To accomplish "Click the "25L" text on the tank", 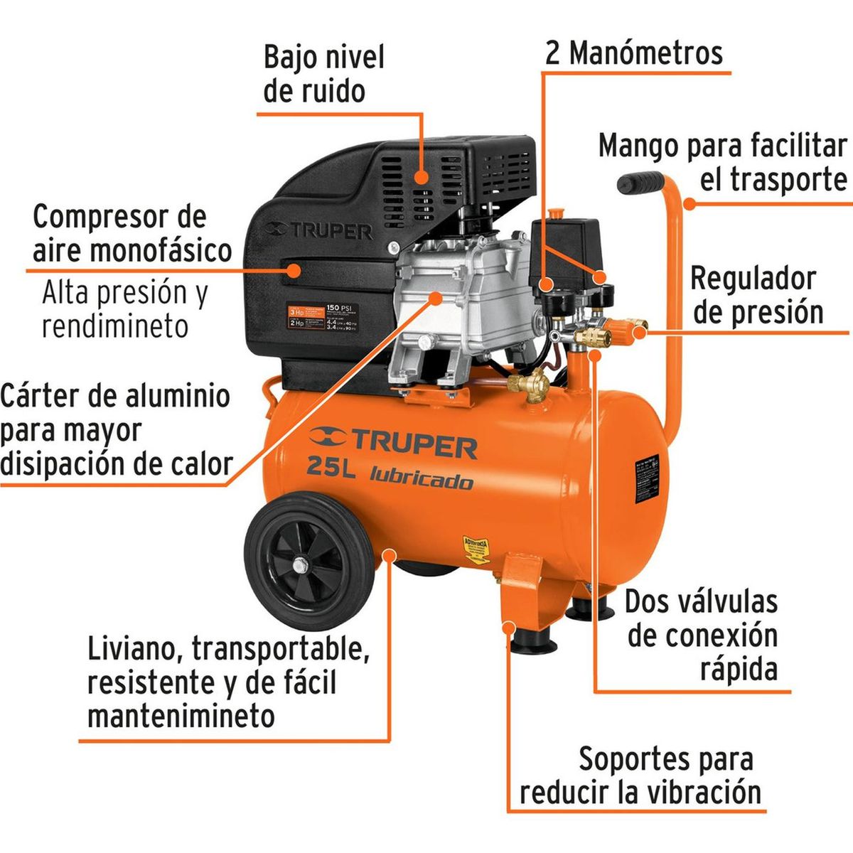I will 332,467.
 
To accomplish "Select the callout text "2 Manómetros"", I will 633,53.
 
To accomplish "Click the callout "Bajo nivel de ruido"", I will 323,74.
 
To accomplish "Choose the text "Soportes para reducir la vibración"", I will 640,776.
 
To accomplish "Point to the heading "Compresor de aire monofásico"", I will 132,233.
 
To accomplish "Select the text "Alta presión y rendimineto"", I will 125,309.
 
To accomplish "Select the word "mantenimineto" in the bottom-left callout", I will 181,716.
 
